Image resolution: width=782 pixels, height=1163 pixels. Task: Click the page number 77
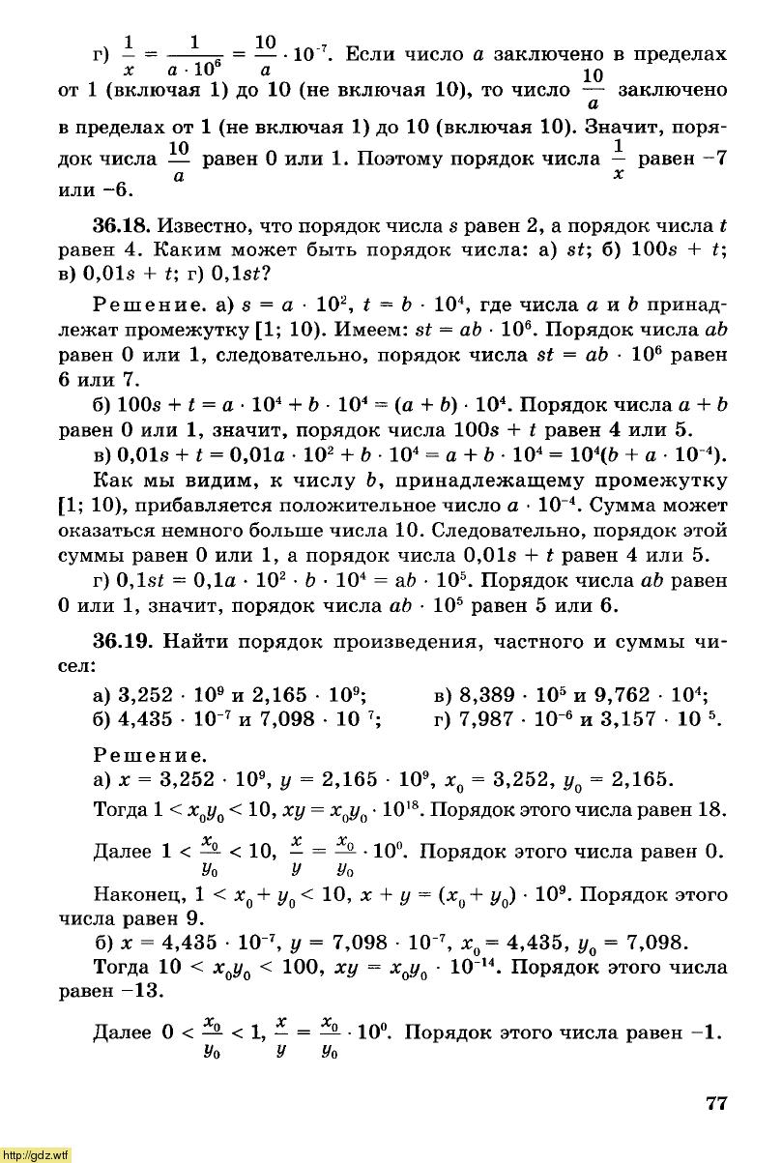point(715,1104)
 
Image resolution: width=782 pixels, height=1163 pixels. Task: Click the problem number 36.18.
point(121,226)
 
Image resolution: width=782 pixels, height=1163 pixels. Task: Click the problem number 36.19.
point(121,642)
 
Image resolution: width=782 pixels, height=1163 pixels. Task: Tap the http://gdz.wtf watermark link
point(36,1154)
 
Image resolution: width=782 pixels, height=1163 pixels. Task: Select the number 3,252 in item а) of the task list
point(147,695)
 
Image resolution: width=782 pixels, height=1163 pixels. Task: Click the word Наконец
point(135,893)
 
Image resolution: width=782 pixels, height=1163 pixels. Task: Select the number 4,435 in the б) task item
point(147,719)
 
